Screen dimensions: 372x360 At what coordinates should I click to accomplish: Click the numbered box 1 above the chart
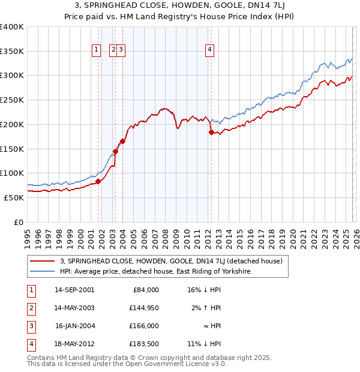click(96, 50)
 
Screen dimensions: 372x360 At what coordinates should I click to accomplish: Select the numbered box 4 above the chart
click(210, 50)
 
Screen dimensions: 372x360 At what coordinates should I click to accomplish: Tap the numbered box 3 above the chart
click(121, 50)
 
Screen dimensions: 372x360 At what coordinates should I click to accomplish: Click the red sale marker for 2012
click(211, 132)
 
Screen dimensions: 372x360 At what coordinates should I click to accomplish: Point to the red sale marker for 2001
click(98, 181)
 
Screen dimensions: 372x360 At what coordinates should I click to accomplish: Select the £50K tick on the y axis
click(14, 197)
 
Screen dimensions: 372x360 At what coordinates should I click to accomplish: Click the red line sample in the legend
click(43, 261)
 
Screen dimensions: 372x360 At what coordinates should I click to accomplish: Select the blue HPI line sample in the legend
click(43, 271)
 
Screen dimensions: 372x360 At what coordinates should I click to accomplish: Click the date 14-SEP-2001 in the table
click(74, 290)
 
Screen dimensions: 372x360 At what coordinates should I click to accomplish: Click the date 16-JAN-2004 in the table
click(74, 326)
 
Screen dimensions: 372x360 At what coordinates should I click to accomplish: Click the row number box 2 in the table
click(31, 308)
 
